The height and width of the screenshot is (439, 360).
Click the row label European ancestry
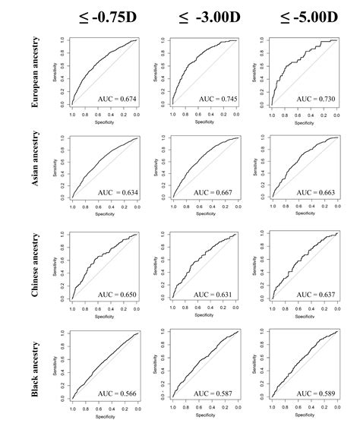(35, 71)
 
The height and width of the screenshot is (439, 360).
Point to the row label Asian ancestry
(35, 169)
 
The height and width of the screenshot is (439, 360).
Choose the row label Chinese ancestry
(35, 267)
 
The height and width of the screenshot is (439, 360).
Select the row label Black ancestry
(35, 365)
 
